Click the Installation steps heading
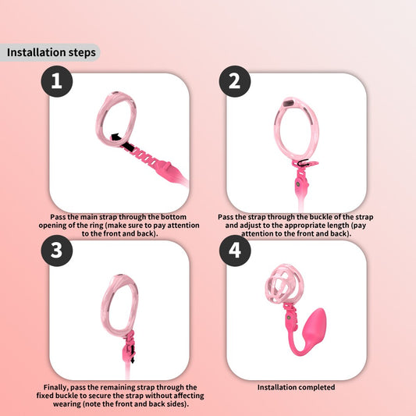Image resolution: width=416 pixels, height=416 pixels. pyautogui.click(x=52, y=53)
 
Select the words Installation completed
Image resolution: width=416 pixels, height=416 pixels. pyautogui.click(x=297, y=386)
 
